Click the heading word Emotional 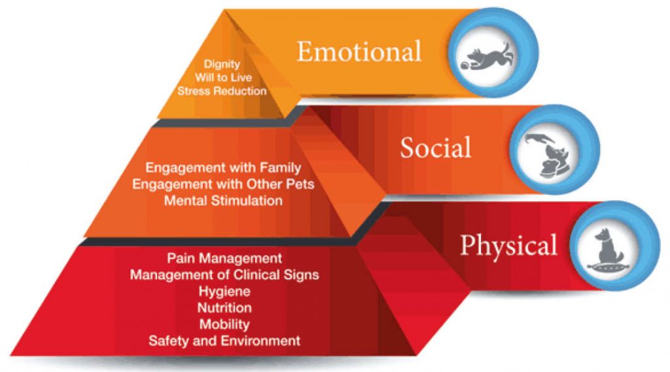click(359, 51)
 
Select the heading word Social click(436, 147)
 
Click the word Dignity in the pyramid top click(222, 64)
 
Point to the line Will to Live click(223, 77)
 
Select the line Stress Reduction click(222, 90)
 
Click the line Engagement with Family click(223, 168)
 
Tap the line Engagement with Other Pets click(223, 184)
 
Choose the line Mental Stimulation click(223, 200)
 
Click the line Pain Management click(224, 258)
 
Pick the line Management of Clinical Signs click(224, 275)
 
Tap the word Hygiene click(224, 292)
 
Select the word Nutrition click(224, 307)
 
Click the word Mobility click(224, 324)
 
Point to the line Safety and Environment click(224, 341)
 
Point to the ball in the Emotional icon click(464, 65)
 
